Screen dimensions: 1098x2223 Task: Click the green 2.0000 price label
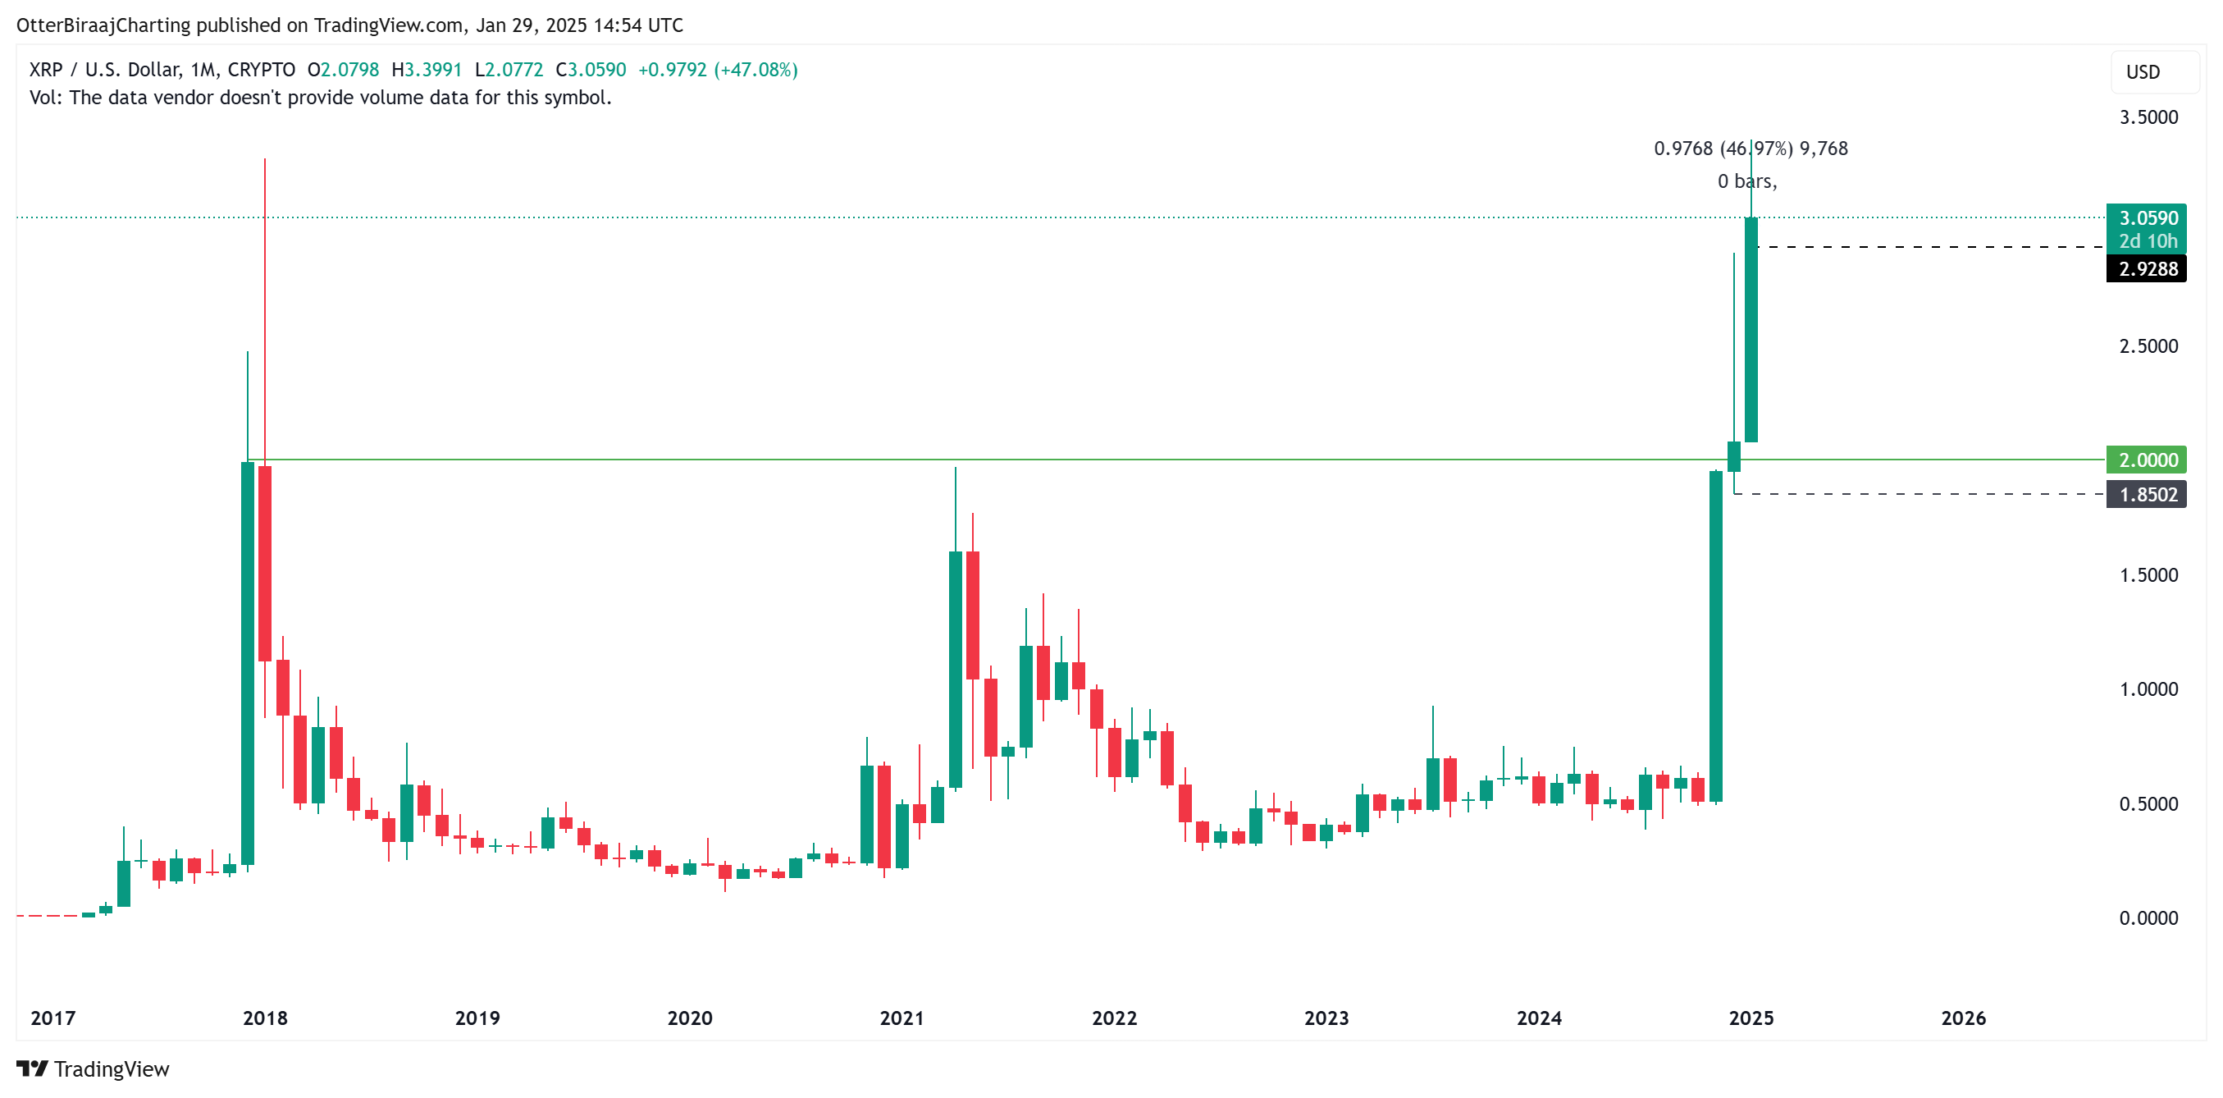pos(2145,460)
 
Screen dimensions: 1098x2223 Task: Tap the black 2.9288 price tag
pos(2145,269)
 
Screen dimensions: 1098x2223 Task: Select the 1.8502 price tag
pos(2145,495)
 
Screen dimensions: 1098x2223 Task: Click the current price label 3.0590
pos(2145,218)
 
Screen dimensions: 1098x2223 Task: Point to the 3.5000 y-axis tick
pos(2148,117)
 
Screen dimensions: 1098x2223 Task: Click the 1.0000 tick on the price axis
pos(2148,689)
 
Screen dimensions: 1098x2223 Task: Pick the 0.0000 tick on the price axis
pos(2148,918)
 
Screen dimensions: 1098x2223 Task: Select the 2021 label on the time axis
pos(902,1018)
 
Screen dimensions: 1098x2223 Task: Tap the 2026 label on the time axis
pos(1963,1018)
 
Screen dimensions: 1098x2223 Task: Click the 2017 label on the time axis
pos(52,1018)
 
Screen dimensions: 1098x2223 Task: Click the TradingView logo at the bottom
pos(94,1069)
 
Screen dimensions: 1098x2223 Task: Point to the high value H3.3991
pos(427,70)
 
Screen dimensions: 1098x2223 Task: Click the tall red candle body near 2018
pos(265,563)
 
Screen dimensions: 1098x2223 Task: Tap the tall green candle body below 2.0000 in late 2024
pos(1715,636)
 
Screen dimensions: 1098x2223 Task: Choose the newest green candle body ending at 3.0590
pos(1751,330)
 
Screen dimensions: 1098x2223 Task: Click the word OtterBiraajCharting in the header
pos(103,25)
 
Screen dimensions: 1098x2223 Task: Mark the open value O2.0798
pos(344,70)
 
